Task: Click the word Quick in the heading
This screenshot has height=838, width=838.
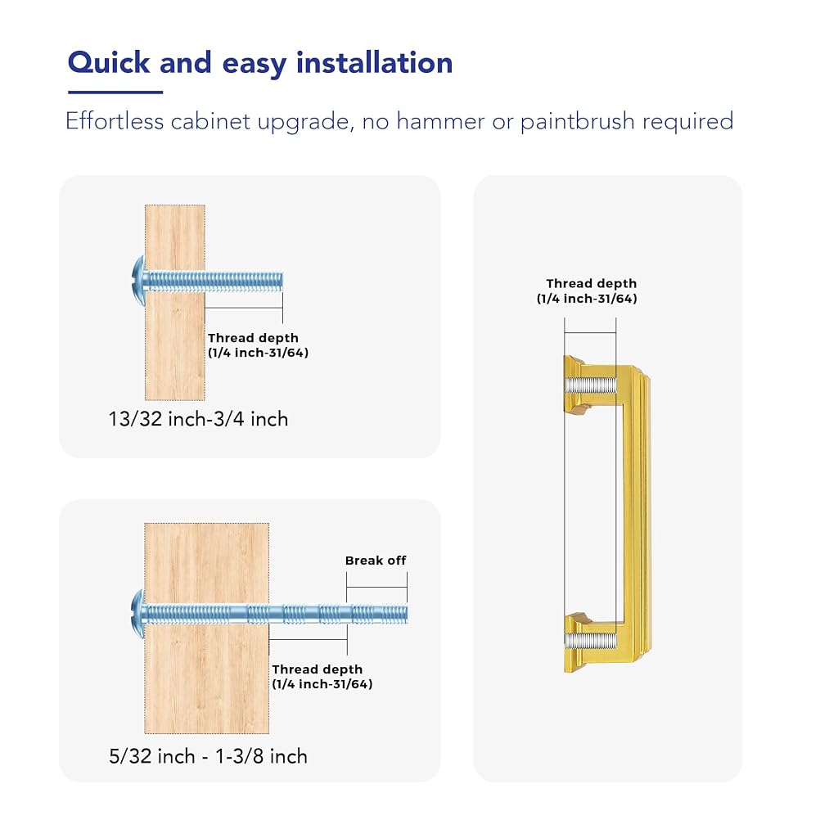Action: [109, 63]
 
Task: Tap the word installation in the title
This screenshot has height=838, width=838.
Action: [375, 62]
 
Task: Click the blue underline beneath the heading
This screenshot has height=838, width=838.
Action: [115, 92]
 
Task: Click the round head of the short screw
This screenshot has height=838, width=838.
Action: [139, 281]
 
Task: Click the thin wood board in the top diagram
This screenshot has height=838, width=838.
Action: [175, 302]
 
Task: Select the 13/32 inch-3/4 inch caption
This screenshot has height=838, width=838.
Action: [198, 419]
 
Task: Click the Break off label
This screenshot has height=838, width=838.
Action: [375, 561]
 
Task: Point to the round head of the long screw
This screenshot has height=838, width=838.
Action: [138, 614]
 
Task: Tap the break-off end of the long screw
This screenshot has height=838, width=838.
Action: [377, 614]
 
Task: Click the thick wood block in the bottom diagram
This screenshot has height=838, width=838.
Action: [207, 628]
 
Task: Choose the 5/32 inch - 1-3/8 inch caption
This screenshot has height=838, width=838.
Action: [209, 756]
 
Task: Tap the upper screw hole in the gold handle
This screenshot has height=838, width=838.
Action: [590, 385]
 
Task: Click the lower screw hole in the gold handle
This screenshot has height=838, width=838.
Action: [590, 641]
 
